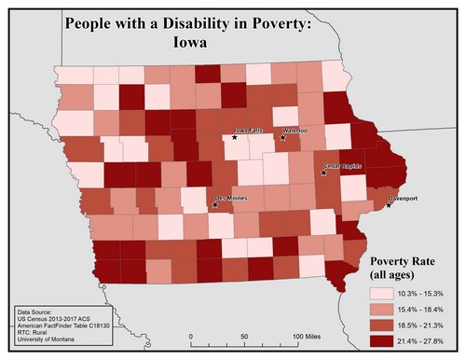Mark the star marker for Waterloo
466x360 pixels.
point(282,138)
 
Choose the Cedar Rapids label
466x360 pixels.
point(342,165)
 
